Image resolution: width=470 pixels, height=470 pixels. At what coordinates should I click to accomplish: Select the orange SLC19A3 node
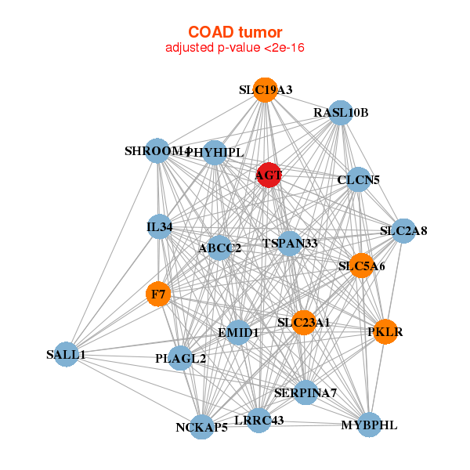pos(266,89)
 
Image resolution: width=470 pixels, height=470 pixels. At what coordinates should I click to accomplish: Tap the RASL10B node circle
pos(340,112)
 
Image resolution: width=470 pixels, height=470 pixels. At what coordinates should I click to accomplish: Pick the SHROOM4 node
pos(157,150)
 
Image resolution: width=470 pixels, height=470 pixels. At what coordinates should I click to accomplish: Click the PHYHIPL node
pos(215,152)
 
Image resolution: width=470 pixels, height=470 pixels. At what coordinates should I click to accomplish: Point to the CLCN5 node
pos(358,179)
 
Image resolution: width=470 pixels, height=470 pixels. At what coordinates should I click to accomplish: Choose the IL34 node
pos(159,227)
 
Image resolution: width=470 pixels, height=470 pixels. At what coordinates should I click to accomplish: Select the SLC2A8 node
pos(403,230)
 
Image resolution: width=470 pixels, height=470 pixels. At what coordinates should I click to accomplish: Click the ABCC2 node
pos(219,248)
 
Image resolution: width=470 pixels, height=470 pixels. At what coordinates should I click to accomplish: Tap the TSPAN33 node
pos(290,244)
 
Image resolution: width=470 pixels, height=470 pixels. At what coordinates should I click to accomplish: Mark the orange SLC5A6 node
pos(361,266)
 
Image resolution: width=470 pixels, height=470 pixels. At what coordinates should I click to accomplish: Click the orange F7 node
pos(158,295)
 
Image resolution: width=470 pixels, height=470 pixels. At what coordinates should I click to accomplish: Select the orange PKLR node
pos(385,331)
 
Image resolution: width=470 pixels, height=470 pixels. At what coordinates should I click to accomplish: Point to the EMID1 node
pos(238,332)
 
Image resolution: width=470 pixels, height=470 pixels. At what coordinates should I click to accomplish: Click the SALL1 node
pos(67,354)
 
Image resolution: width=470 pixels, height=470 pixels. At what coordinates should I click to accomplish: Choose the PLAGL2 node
pos(181,358)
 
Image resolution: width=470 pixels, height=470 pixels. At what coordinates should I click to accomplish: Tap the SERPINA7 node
pos(305,392)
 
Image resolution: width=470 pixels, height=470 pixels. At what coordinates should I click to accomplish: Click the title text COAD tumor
pos(235,32)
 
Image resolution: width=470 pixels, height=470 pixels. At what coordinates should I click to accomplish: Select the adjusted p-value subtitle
pos(235,48)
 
